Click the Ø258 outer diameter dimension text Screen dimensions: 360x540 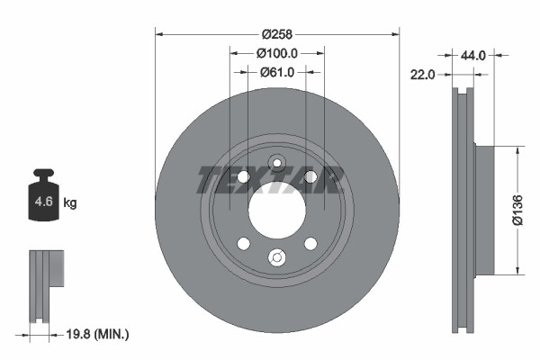[x=277, y=34]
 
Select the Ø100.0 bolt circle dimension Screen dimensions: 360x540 [x=277, y=54]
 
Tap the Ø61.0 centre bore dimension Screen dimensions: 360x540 [x=277, y=73]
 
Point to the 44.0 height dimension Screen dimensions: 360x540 [x=473, y=56]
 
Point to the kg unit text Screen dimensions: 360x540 [x=70, y=203]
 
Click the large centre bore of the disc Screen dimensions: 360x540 [x=277, y=211]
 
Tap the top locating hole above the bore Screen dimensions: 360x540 [x=277, y=164]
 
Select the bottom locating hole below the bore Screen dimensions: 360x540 [x=277, y=258]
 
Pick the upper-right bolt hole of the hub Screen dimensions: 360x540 [x=310, y=176]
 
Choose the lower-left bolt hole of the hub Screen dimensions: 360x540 [x=244, y=244]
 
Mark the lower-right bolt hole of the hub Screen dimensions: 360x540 [x=310, y=244]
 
